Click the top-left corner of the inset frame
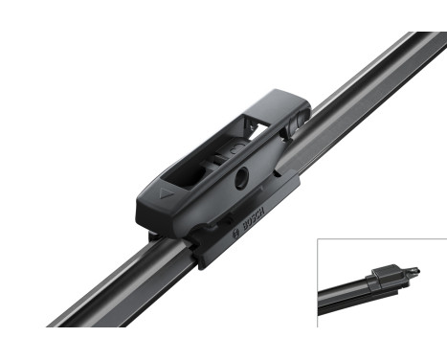[x=318, y=239]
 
